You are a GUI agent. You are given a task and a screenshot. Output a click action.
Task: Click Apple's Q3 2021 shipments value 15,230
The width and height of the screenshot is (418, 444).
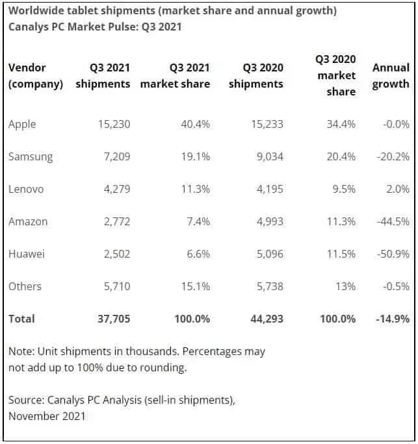pyautogui.click(x=114, y=124)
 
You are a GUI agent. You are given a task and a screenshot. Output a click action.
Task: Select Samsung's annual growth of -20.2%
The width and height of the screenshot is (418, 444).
pyautogui.click(x=393, y=156)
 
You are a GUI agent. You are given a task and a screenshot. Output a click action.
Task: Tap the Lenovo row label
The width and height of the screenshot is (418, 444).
pyautogui.click(x=26, y=189)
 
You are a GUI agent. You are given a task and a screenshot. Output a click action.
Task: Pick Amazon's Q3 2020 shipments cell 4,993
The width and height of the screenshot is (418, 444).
pyautogui.click(x=267, y=221)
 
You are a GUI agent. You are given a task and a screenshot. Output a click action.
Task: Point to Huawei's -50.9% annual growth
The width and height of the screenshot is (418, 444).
pyautogui.click(x=393, y=254)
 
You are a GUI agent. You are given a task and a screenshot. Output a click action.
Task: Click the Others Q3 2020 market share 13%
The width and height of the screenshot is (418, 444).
pyautogui.click(x=343, y=286)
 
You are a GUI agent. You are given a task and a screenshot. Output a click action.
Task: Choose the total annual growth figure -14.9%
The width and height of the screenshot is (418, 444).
pyautogui.click(x=392, y=319)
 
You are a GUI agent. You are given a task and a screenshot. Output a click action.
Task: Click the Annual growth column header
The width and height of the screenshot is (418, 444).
pyautogui.click(x=391, y=75)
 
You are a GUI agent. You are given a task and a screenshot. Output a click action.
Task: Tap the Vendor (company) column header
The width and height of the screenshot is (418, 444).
pyautogui.click(x=35, y=75)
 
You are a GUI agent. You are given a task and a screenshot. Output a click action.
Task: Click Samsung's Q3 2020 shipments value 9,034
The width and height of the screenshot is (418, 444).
pyautogui.click(x=267, y=156)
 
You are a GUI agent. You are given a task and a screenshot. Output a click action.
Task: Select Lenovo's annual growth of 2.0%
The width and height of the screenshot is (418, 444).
pyautogui.click(x=397, y=189)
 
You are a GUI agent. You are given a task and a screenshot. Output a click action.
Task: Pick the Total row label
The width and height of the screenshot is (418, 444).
pyautogui.click(x=21, y=319)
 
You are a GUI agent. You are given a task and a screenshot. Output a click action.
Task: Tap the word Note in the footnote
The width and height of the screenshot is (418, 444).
pyautogui.click(x=20, y=351)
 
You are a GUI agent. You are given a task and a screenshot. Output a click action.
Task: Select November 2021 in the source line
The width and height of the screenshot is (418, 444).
pyautogui.click(x=47, y=416)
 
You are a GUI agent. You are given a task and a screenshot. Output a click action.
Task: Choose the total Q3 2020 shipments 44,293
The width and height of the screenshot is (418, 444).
pyautogui.click(x=266, y=319)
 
